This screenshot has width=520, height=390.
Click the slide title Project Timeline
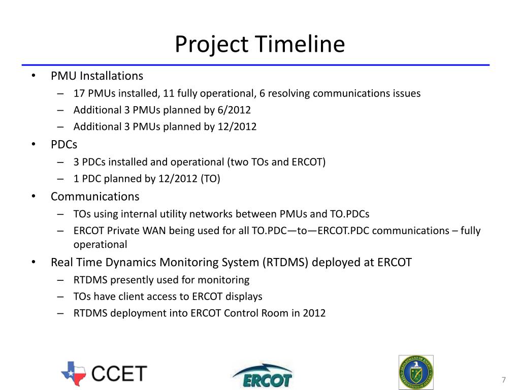pos(259,44)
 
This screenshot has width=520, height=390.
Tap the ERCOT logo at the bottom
pos(262,376)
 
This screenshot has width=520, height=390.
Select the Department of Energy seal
pos(416,372)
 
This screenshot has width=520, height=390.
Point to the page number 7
pos(504,381)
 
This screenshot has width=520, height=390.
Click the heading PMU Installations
pos(96,76)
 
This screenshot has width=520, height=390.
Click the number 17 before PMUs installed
pos(79,93)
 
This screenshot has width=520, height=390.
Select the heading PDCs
pos(64,145)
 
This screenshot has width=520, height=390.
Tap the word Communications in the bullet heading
pos(95,197)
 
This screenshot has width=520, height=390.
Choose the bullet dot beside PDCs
pos(33,145)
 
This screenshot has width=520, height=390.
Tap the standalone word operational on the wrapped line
pos(100,244)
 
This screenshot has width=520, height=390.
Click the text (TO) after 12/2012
pos(211,179)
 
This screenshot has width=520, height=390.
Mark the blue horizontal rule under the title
pos(255,65)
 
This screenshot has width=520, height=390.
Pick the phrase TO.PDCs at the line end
pos(350,214)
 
